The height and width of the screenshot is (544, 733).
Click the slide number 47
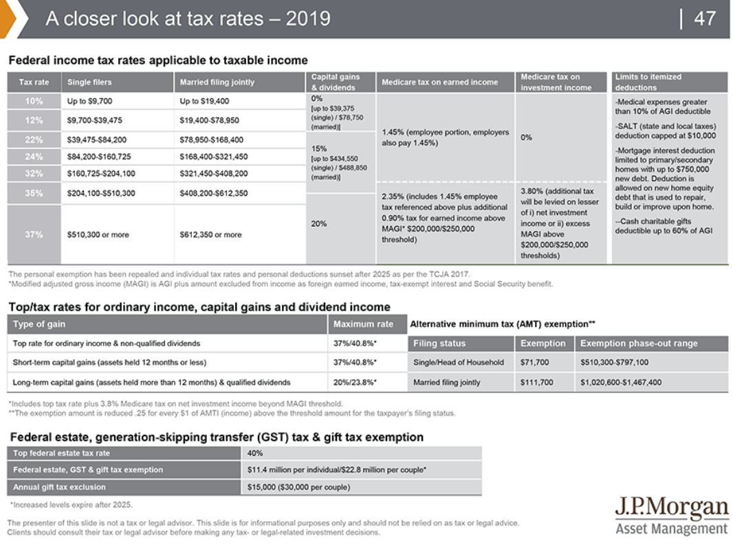[x=705, y=19]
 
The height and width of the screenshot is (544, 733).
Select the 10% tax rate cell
[x=34, y=101]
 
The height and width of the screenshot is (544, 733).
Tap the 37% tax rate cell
[x=34, y=234]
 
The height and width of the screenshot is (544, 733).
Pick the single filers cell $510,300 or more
[x=98, y=234]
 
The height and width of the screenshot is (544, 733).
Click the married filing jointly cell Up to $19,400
[x=204, y=101]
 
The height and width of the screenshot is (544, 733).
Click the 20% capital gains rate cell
[x=318, y=223]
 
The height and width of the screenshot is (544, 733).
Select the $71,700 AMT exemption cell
[x=535, y=362]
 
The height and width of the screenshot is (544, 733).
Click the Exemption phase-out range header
[x=639, y=343]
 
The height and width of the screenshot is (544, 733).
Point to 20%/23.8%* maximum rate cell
[x=355, y=382]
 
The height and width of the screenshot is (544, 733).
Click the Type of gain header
[x=39, y=324]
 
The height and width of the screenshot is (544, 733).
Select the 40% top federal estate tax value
[x=255, y=453]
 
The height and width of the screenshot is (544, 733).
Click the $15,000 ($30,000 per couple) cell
[x=298, y=487]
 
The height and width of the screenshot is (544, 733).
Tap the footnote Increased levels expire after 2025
[x=71, y=504]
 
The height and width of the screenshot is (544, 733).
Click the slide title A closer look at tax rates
[x=188, y=19]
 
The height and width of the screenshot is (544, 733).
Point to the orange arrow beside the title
[x=9, y=19]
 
